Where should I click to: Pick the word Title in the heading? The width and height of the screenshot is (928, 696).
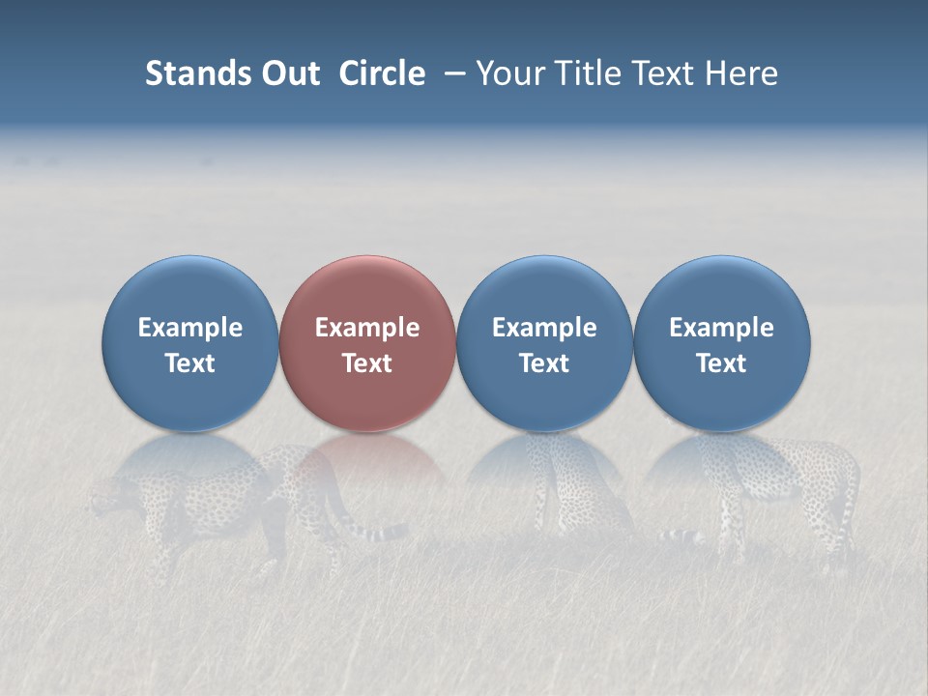pyautogui.click(x=588, y=73)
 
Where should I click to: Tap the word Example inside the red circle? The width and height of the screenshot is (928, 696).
pyautogui.click(x=367, y=328)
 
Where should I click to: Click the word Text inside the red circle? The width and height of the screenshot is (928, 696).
pyautogui.click(x=367, y=363)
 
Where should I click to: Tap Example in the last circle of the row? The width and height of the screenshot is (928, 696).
pyautogui.click(x=722, y=328)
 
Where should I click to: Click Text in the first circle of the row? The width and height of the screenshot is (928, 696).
pyautogui.click(x=190, y=363)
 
